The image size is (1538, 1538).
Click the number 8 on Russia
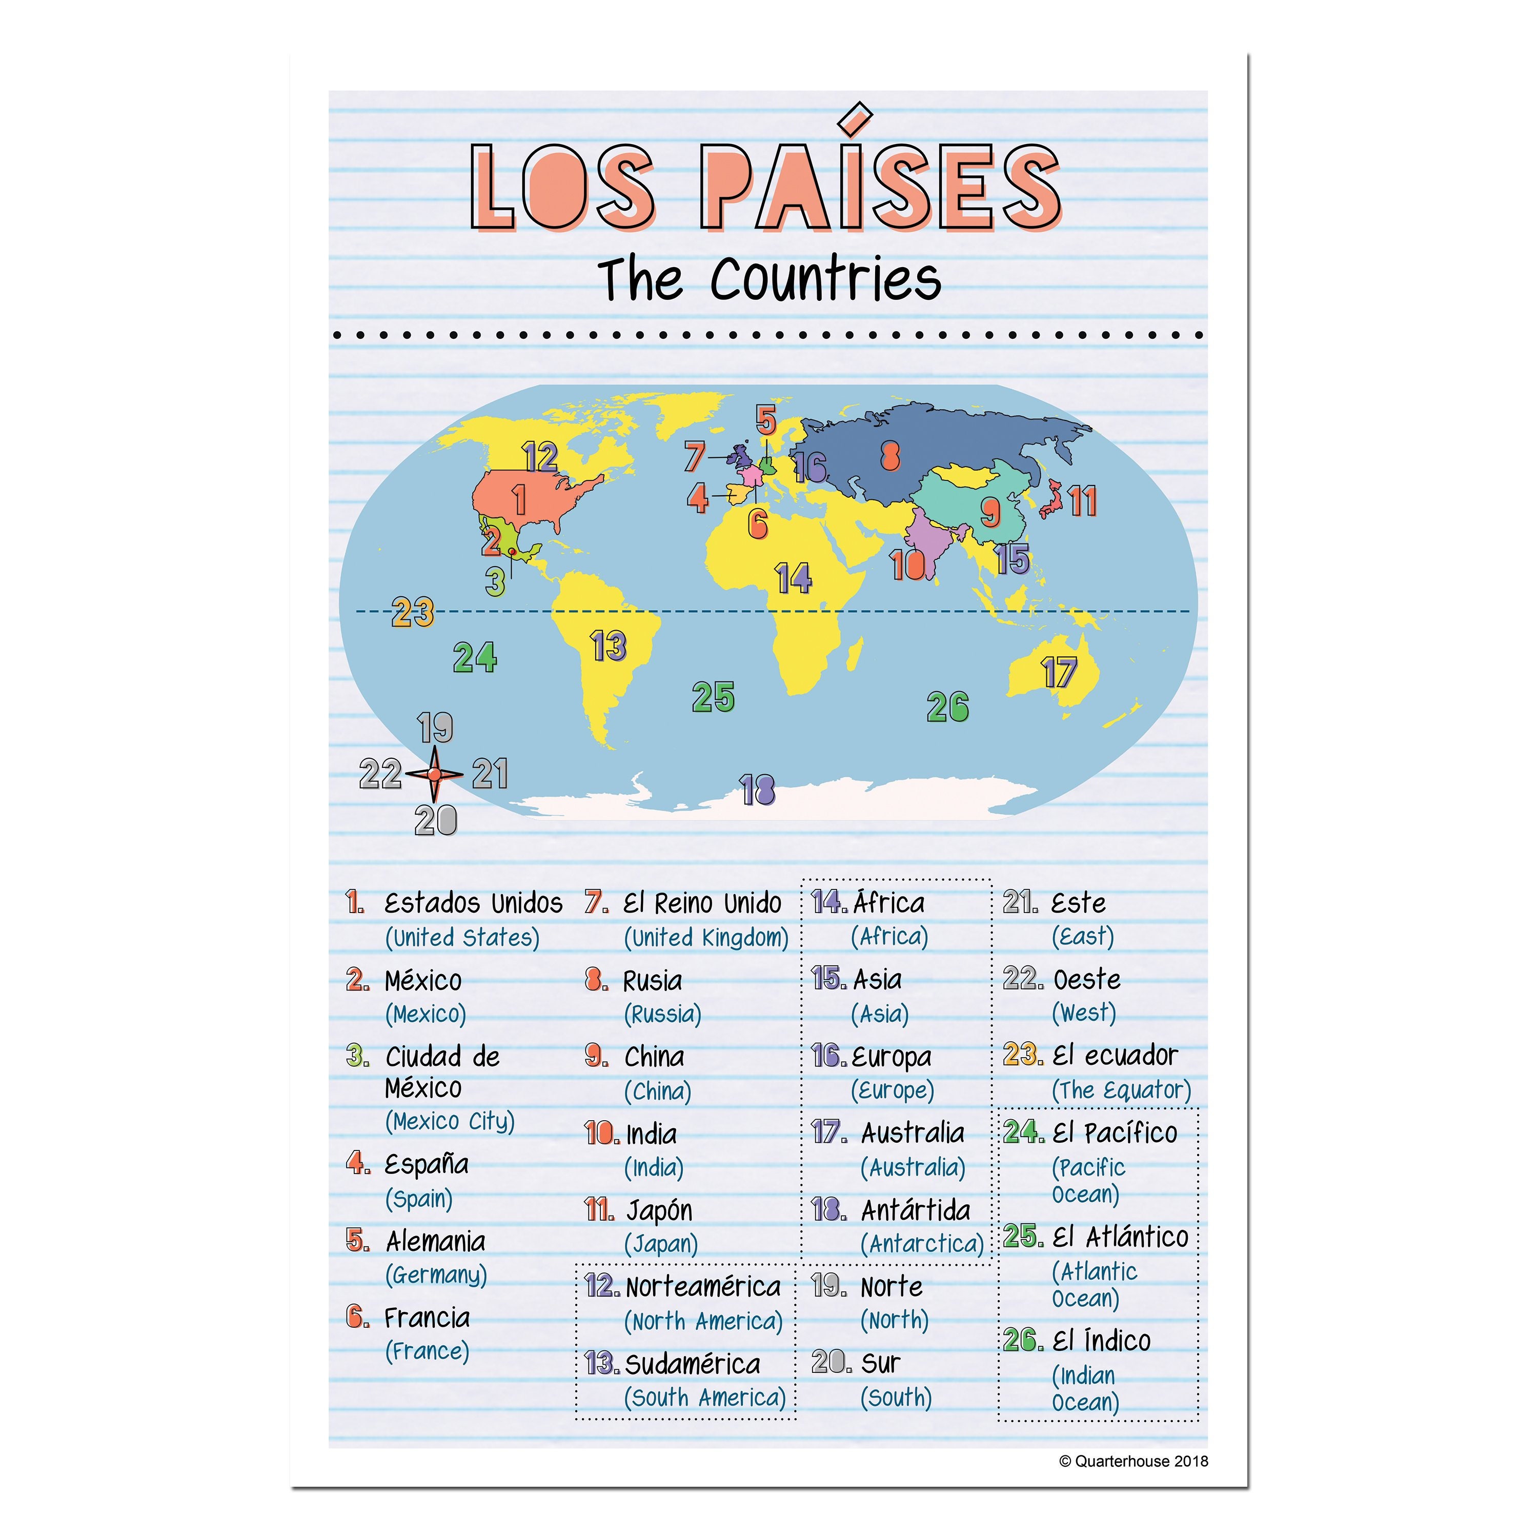pos(890,456)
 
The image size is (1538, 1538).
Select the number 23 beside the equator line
pos(412,612)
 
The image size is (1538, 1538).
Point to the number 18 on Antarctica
pos(757,791)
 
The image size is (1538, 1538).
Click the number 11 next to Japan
pos(1083,501)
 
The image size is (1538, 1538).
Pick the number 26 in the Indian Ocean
pos(947,707)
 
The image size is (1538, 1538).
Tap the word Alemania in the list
pos(435,1241)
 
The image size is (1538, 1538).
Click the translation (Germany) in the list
pos(436,1276)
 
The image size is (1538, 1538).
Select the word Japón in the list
pos(659,1211)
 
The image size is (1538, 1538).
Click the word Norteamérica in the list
pos(703,1287)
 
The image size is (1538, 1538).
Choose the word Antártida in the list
pos(916,1211)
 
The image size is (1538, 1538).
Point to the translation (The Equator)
pos(1121,1090)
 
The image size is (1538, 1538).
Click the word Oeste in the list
pos(1087,979)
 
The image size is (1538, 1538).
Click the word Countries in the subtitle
pos(825,279)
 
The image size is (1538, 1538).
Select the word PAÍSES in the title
pos(880,185)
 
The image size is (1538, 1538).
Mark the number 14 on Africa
pos(793,579)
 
